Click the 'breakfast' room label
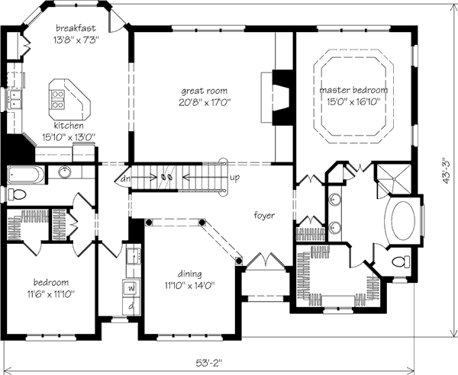[76, 28]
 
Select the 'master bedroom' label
[353, 90]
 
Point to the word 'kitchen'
[69, 126]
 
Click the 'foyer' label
[264, 215]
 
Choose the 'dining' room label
[190, 274]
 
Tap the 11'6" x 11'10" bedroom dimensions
[51, 294]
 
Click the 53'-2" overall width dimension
[209, 363]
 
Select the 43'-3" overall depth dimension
[447, 170]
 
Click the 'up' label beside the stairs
[235, 178]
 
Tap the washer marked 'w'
[131, 289]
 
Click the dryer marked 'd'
[131, 306]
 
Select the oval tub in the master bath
[403, 220]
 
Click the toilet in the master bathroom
[402, 261]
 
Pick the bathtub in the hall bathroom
[26, 175]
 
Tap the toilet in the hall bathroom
[17, 194]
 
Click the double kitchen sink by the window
[15, 99]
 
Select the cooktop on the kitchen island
[57, 99]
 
